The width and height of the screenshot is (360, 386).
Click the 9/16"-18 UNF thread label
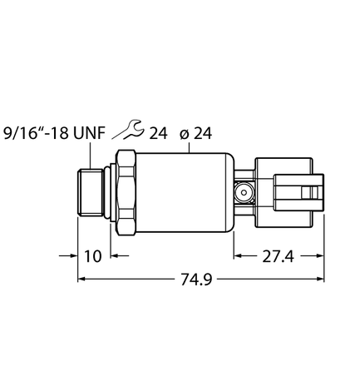[x=52, y=131]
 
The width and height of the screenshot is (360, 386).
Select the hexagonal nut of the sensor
[x=126, y=192]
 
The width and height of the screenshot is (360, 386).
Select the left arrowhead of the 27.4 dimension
[x=239, y=256]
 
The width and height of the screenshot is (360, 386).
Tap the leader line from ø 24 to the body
[x=190, y=146]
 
